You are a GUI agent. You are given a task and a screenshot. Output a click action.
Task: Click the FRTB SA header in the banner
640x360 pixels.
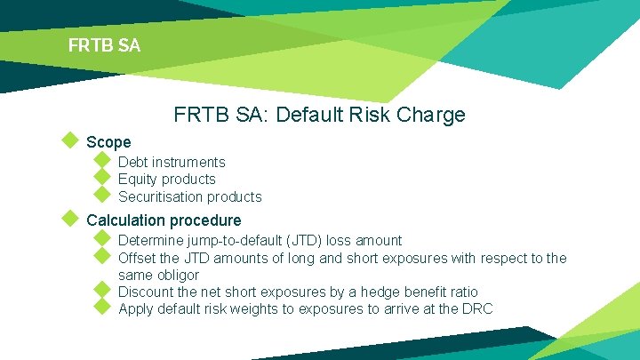pos(104,45)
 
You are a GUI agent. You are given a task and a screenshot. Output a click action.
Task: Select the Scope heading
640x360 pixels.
pos(108,142)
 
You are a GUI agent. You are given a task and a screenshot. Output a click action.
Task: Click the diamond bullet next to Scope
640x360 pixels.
pos(69,140)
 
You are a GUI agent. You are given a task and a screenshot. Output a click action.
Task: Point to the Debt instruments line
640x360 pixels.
pos(172,162)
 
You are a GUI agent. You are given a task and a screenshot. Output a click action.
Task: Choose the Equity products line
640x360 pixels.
pos(167,179)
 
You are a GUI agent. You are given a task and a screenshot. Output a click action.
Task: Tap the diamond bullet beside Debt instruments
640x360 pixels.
pos(101,161)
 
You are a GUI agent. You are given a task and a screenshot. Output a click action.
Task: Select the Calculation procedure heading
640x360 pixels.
pos(164,220)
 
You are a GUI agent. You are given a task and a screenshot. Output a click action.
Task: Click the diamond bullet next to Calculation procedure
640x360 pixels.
pos(69,219)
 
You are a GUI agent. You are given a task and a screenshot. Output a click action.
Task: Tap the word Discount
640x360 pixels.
pos(147,292)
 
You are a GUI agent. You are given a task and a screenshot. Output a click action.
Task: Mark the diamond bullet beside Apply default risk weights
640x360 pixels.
pos(101,308)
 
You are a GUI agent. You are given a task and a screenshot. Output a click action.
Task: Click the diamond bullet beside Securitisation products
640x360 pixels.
pos(101,196)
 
